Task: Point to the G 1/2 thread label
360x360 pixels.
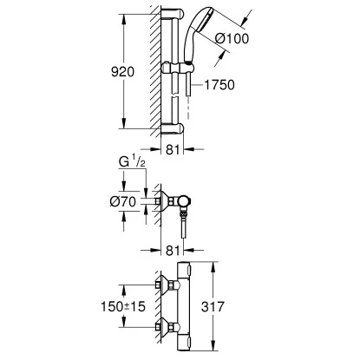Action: pyautogui.click(x=129, y=162)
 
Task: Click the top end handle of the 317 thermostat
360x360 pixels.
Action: pyautogui.click(x=186, y=267)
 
